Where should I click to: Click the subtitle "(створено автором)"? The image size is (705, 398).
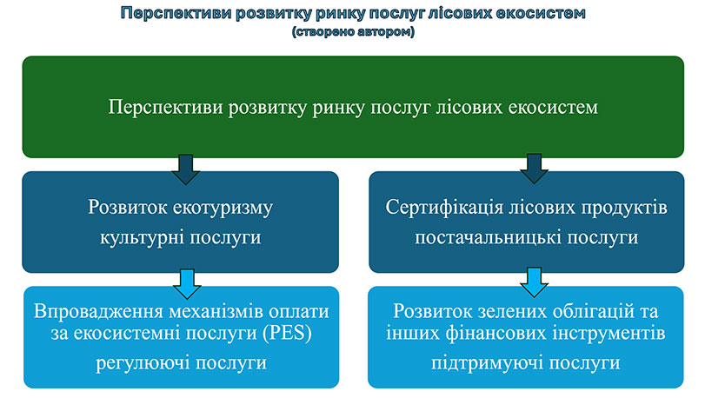(353, 32)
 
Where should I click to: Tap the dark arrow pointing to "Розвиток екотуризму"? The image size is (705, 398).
(182, 168)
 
